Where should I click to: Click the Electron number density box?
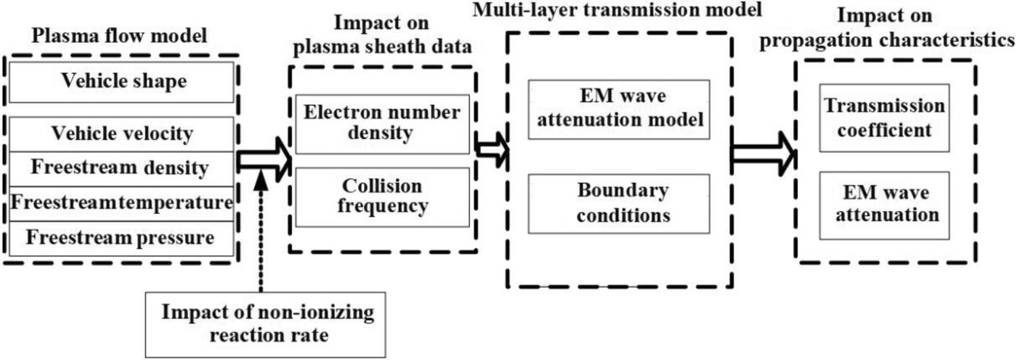click(x=382, y=123)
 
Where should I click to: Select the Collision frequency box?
click(x=382, y=196)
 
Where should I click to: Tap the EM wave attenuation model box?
click(x=618, y=109)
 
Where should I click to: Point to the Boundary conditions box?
click(x=618, y=204)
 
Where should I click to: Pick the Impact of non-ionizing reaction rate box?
click(x=267, y=324)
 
